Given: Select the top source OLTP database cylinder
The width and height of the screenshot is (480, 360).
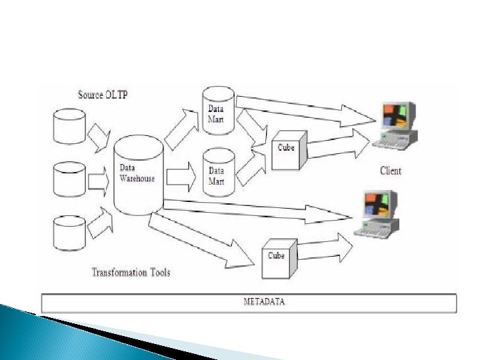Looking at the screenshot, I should [x=69, y=127].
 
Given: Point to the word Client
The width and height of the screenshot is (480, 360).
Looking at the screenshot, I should [x=391, y=171].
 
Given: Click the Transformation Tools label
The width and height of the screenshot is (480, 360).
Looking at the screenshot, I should [x=131, y=272].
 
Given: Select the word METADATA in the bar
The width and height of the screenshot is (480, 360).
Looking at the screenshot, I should [x=263, y=301].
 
